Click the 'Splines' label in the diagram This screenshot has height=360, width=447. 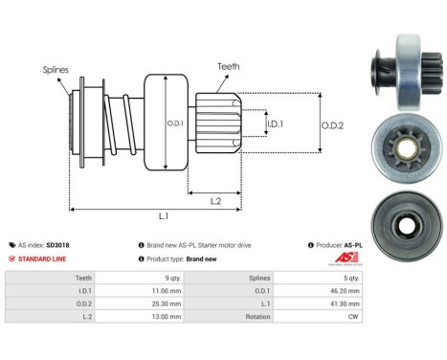(x=56, y=70)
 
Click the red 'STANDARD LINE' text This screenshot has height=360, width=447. (x=42, y=259)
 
